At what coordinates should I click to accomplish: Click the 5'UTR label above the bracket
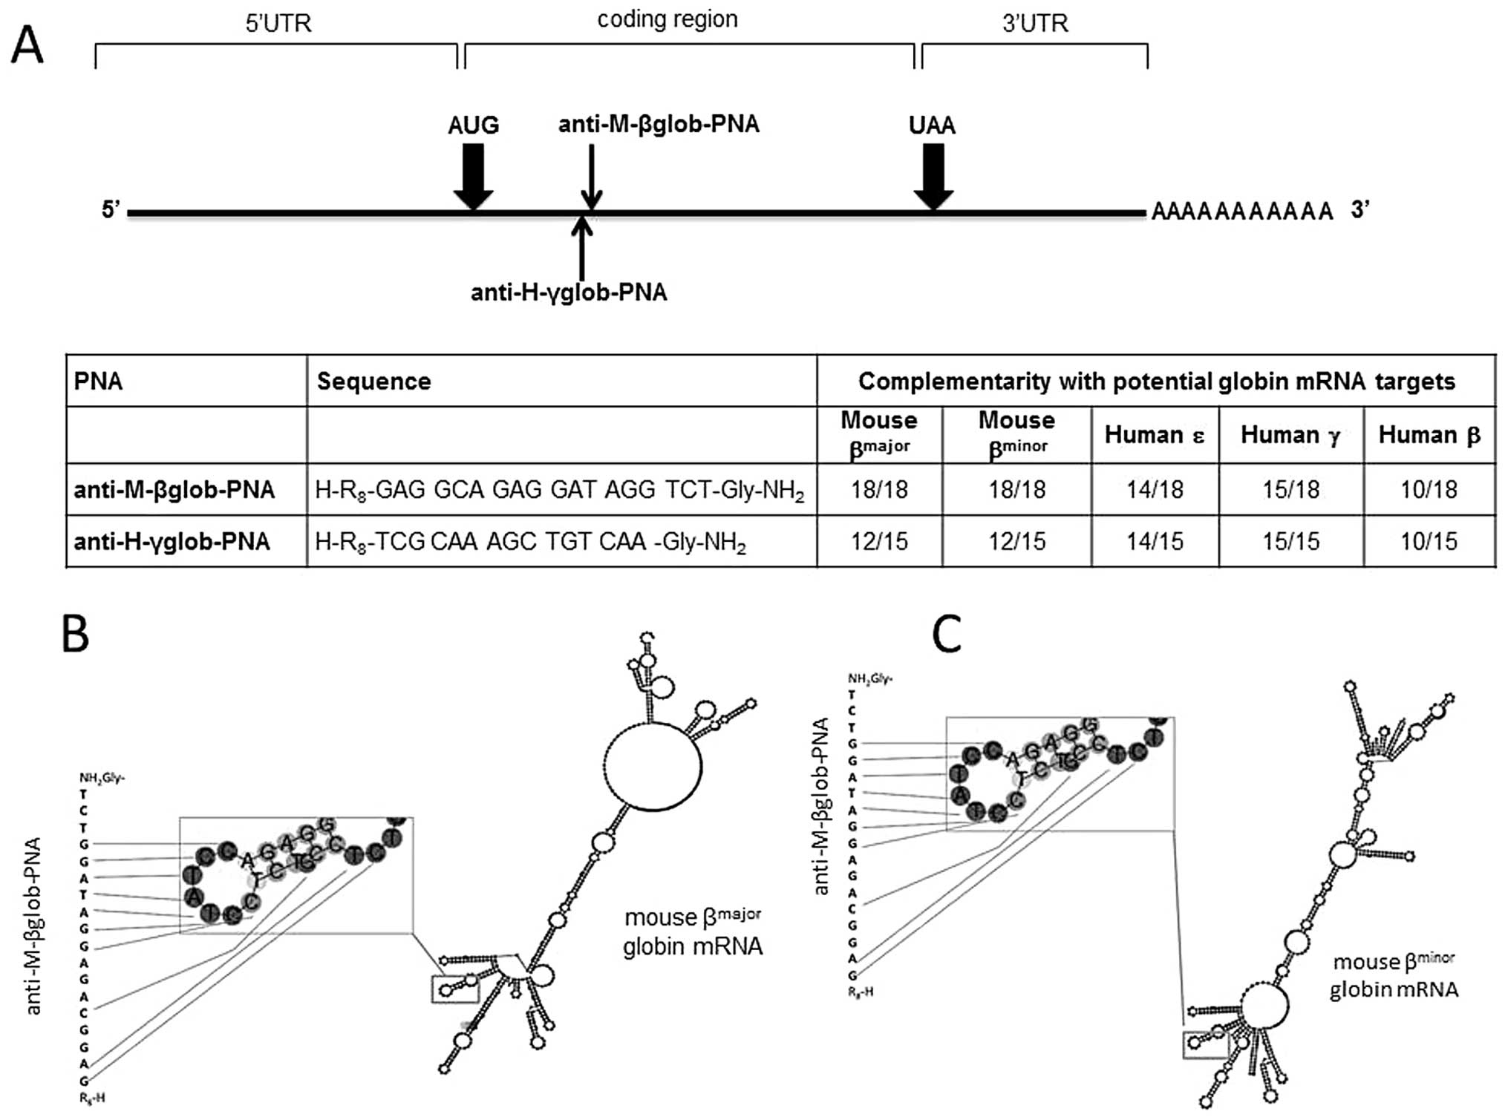pyautogui.click(x=278, y=24)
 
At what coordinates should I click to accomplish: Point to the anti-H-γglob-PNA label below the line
pyautogui.click(x=569, y=292)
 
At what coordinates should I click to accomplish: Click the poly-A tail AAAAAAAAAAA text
pyautogui.click(x=1242, y=212)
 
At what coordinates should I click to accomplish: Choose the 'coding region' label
pyautogui.click(x=667, y=19)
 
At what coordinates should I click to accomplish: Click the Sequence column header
pyautogui.click(x=373, y=381)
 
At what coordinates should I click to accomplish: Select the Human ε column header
pyautogui.click(x=1154, y=435)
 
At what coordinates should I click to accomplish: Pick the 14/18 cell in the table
pyautogui.click(x=1154, y=490)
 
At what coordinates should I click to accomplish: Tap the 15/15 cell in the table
pyautogui.click(x=1290, y=542)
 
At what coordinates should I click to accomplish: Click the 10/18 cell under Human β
pyautogui.click(x=1429, y=490)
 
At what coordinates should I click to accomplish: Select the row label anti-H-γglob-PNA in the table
pyautogui.click(x=172, y=542)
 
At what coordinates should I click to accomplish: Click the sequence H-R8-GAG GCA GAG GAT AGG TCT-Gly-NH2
pyautogui.click(x=559, y=491)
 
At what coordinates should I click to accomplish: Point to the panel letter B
pyautogui.click(x=75, y=635)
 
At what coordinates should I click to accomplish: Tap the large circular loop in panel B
pyautogui.click(x=653, y=765)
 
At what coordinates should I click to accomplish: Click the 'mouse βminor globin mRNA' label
pyautogui.click(x=1393, y=975)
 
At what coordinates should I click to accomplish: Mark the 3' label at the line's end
pyautogui.click(x=1360, y=210)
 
